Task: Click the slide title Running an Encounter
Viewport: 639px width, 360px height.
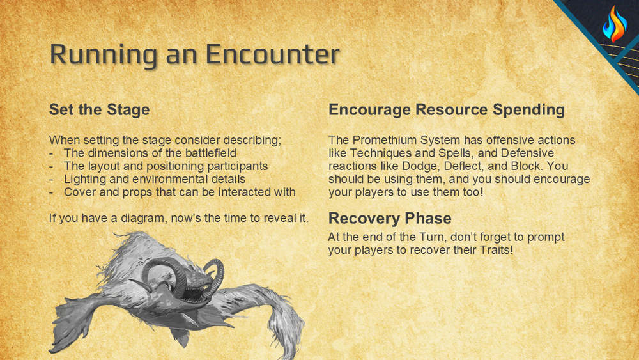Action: (194, 54)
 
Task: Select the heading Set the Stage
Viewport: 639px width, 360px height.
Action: (99, 110)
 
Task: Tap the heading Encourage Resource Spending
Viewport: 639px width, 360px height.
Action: (446, 110)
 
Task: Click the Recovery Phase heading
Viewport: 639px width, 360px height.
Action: (390, 219)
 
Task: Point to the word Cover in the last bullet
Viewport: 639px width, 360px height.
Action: (79, 192)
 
